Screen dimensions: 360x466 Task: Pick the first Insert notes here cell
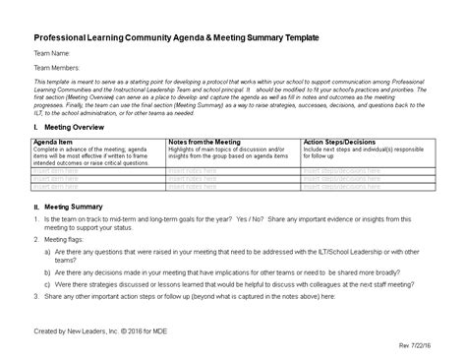(192, 169)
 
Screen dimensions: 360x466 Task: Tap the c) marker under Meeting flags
(47, 282)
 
